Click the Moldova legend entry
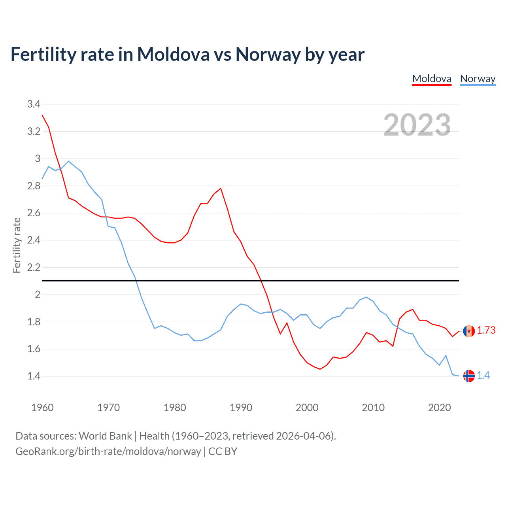coord(432,79)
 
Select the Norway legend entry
coord(478,79)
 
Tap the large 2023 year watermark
coord(417,125)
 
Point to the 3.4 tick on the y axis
coord(34,104)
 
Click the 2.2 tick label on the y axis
coord(34,268)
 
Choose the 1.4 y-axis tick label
coord(34,376)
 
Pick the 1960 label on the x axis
coord(42,408)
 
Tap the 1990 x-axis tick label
coord(241,408)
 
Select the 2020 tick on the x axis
coord(439,408)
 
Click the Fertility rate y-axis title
coord(17,245)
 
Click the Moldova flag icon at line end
coord(469,331)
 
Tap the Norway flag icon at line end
coord(469,376)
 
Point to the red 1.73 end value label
coord(486,330)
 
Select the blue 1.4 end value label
coord(483,376)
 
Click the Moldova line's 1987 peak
coord(221,188)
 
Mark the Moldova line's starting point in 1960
coord(42,115)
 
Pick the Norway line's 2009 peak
coord(366,297)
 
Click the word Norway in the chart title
coord(268,55)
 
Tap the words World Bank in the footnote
coord(105,436)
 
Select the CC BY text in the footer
coord(223,451)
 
